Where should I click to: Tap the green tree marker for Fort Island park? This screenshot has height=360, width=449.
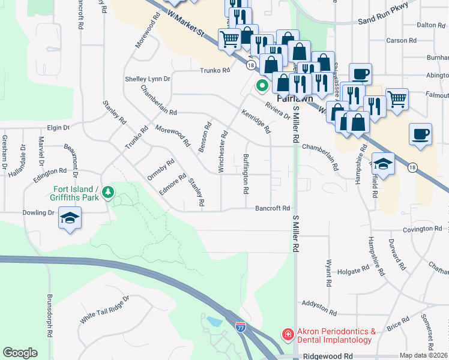click(x=108, y=193)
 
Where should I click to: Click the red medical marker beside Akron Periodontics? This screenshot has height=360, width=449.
click(x=288, y=334)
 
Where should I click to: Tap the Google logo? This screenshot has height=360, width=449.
click(x=20, y=353)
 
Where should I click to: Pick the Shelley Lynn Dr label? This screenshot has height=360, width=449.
click(x=148, y=79)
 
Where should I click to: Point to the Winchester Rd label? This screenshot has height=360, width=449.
click(x=223, y=152)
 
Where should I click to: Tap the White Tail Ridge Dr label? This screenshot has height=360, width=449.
click(x=104, y=309)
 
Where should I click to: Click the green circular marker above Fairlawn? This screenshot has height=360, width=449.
click(x=262, y=85)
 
